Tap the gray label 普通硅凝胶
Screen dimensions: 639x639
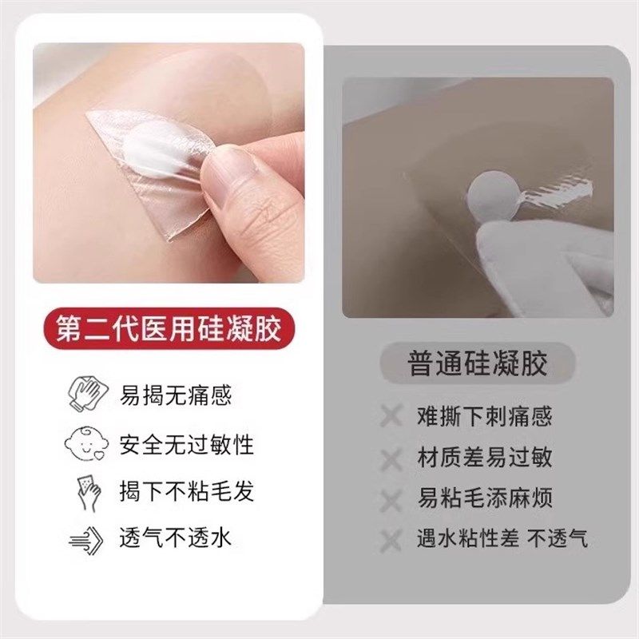(478, 365)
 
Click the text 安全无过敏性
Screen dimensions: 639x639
(187, 444)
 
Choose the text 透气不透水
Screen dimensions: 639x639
(176, 538)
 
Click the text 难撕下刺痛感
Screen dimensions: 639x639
(484, 416)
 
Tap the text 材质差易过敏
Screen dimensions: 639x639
(484, 458)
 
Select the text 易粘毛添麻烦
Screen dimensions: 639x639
(484, 498)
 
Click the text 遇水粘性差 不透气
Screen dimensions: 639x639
(502, 538)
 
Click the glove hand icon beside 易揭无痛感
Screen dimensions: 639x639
(86, 395)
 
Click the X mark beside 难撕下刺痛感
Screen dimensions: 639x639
(391, 416)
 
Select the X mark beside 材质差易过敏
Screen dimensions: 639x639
(391, 458)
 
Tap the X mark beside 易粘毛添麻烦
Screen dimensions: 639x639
(391, 500)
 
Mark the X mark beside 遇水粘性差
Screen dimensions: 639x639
(391, 540)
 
